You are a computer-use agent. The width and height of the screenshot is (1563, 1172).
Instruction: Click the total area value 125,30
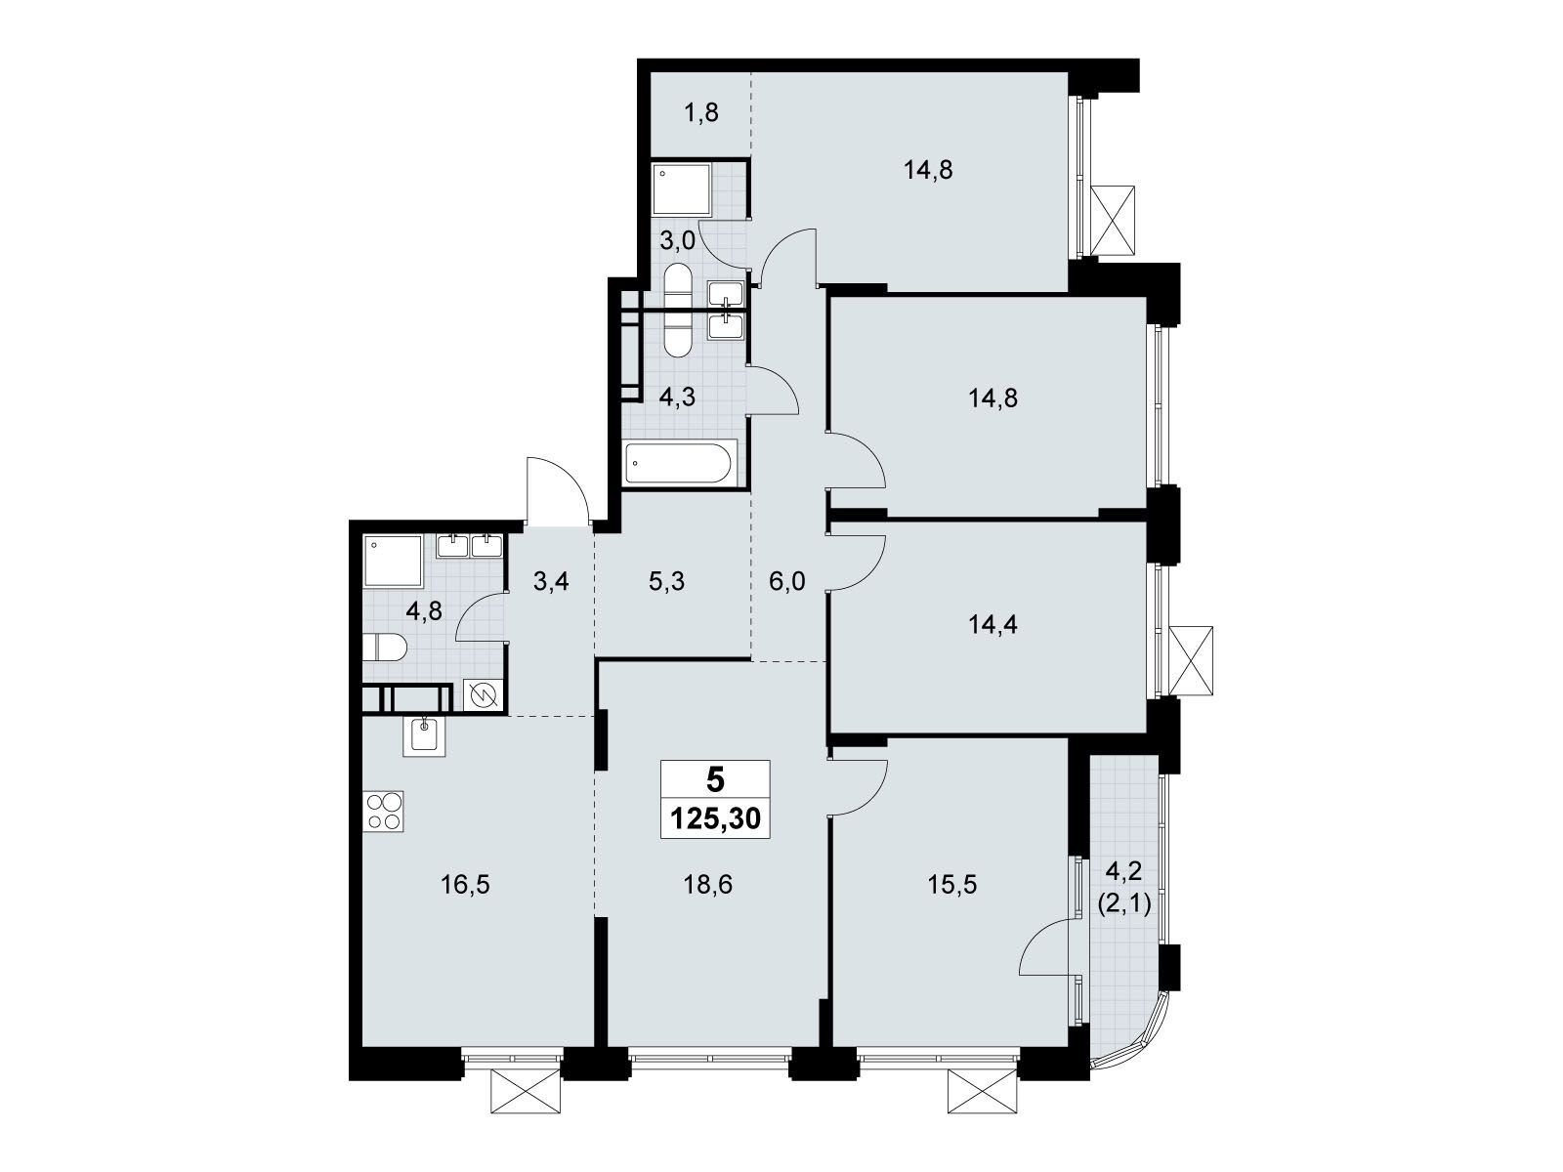click(x=715, y=818)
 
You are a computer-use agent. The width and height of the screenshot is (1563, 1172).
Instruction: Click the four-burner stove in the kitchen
click(x=384, y=811)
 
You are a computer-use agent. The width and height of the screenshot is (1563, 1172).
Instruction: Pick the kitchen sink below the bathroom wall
click(x=424, y=733)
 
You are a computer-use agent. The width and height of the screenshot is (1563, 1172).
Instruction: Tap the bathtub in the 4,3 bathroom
click(x=679, y=464)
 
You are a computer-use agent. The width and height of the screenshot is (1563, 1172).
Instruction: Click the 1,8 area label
click(x=700, y=113)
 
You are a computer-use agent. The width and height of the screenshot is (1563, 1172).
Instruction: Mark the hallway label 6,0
click(x=786, y=582)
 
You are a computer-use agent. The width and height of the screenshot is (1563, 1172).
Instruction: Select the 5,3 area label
click(x=666, y=582)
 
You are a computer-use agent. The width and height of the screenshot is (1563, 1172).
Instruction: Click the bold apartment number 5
click(x=715, y=780)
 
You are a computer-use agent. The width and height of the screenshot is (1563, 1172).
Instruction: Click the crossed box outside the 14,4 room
click(x=1191, y=661)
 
